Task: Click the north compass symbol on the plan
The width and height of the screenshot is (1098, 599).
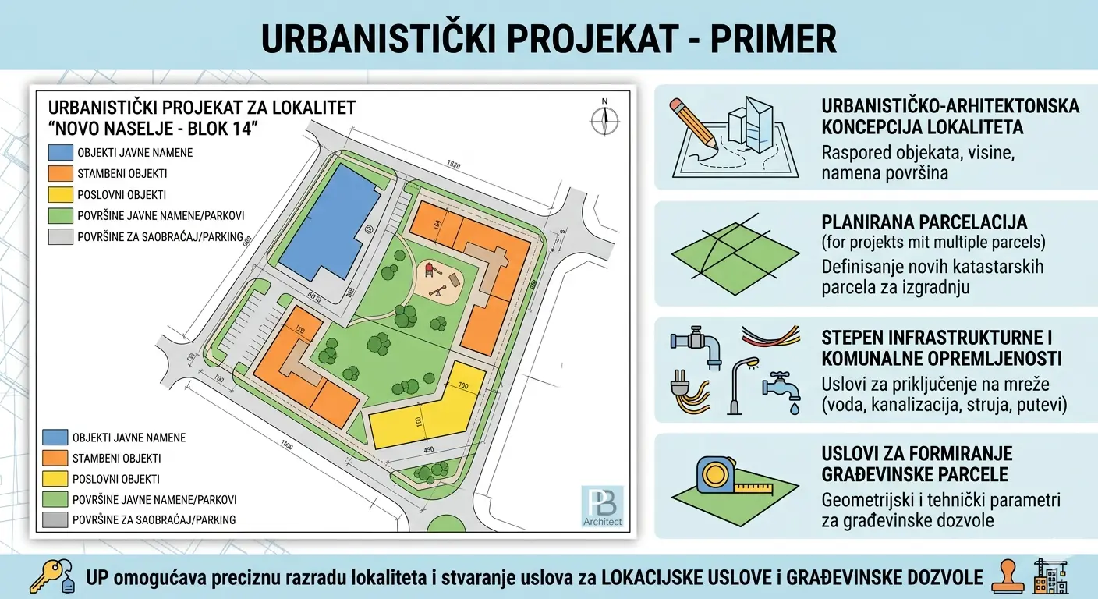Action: (x=604, y=119)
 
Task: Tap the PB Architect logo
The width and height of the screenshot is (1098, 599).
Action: (x=602, y=506)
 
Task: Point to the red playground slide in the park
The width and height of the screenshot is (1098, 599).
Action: (x=429, y=270)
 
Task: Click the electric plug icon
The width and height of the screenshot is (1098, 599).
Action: (x=687, y=391)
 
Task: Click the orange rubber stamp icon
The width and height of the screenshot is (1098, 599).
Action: (x=1007, y=577)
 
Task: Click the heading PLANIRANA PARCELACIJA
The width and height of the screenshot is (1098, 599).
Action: (x=924, y=222)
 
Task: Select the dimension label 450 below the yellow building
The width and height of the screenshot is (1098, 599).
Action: (x=428, y=450)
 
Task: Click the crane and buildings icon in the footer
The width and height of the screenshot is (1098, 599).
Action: (x=1050, y=577)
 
